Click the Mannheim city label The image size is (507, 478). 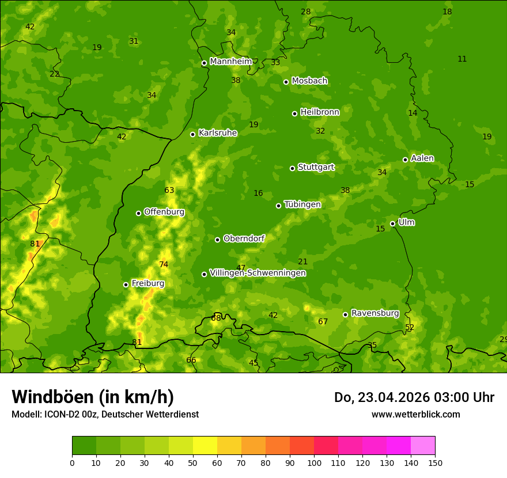click(230, 61)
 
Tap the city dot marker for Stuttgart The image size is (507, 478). click(292, 168)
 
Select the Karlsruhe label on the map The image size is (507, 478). click(217, 132)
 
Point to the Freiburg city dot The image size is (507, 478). click(126, 284)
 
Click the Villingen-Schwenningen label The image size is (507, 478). click(258, 273)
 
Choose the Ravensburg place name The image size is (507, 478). click(375, 313)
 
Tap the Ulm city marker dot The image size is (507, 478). click(392, 223)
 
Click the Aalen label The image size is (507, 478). click(422, 158)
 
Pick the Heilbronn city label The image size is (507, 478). click(320, 112)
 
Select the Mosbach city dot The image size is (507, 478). click(286, 82)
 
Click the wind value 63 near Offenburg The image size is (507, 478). click(169, 191)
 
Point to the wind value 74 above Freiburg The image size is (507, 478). click(164, 265)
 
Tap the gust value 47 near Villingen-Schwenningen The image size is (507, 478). click(241, 268)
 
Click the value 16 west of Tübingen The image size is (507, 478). click(258, 194)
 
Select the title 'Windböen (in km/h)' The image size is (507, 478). click(92, 397)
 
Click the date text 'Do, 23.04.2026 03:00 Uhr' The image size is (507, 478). click(414, 397)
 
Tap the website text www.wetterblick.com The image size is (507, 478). click(415, 414)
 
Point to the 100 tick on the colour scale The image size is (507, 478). click(314, 462)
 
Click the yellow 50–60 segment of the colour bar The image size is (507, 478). click(205, 446)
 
